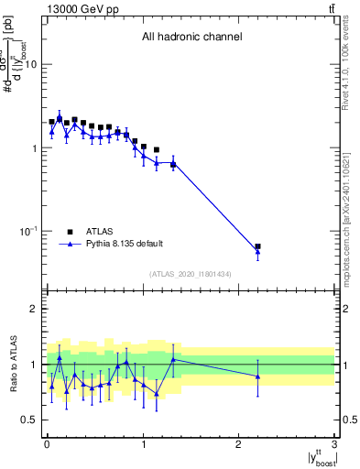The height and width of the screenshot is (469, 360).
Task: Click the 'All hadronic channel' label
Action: (x=191, y=38)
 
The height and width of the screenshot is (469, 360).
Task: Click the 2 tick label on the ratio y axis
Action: (x=33, y=309)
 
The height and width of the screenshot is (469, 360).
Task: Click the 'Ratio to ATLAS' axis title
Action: (x=12, y=365)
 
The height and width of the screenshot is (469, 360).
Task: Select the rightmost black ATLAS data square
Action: (x=257, y=246)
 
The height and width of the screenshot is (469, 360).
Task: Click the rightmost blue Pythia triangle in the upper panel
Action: (x=257, y=251)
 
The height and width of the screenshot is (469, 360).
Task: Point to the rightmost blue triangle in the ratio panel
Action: (x=257, y=376)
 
